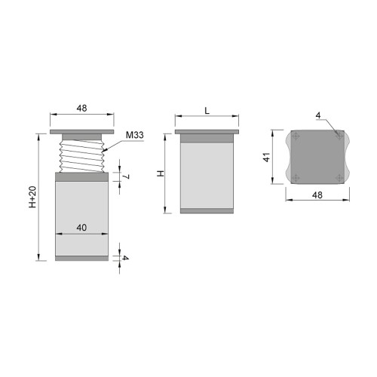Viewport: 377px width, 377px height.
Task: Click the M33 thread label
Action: [x=135, y=135]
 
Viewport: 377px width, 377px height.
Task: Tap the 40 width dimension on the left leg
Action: [x=81, y=226]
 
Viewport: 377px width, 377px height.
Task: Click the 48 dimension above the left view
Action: [x=81, y=109]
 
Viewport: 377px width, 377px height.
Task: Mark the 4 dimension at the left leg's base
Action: [x=125, y=259]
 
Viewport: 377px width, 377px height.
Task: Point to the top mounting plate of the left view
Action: [x=81, y=132]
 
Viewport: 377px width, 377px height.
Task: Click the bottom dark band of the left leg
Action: [x=81, y=259]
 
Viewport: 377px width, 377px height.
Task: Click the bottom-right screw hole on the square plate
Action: [x=341, y=178]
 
